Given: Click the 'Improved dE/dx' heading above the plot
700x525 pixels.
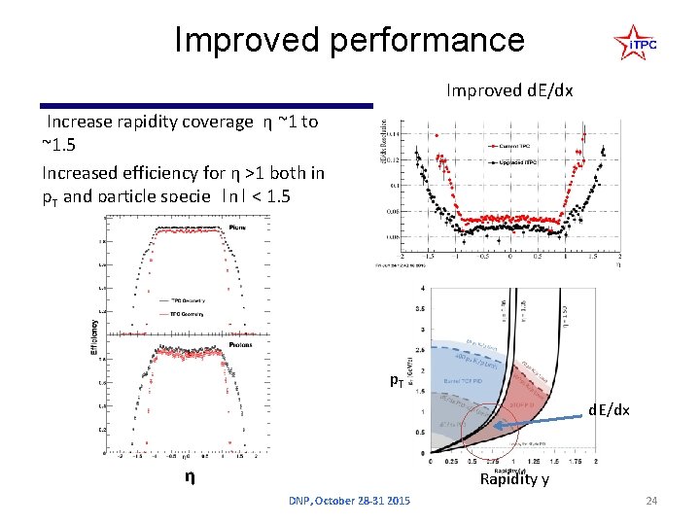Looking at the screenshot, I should click(x=509, y=90).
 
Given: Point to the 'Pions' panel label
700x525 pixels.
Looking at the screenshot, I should click(x=236, y=227).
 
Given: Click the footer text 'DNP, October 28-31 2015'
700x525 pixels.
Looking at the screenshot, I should click(x=349, y=501).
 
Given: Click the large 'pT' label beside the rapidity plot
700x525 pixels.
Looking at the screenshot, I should click(x=397, y=380).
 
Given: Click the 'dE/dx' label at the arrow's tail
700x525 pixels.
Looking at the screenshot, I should click(x=610, y=410).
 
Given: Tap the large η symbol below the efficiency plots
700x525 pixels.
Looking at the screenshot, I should click(x=192, y=477).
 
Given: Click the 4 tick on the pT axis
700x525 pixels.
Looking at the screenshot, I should click(x=422, y=289).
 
